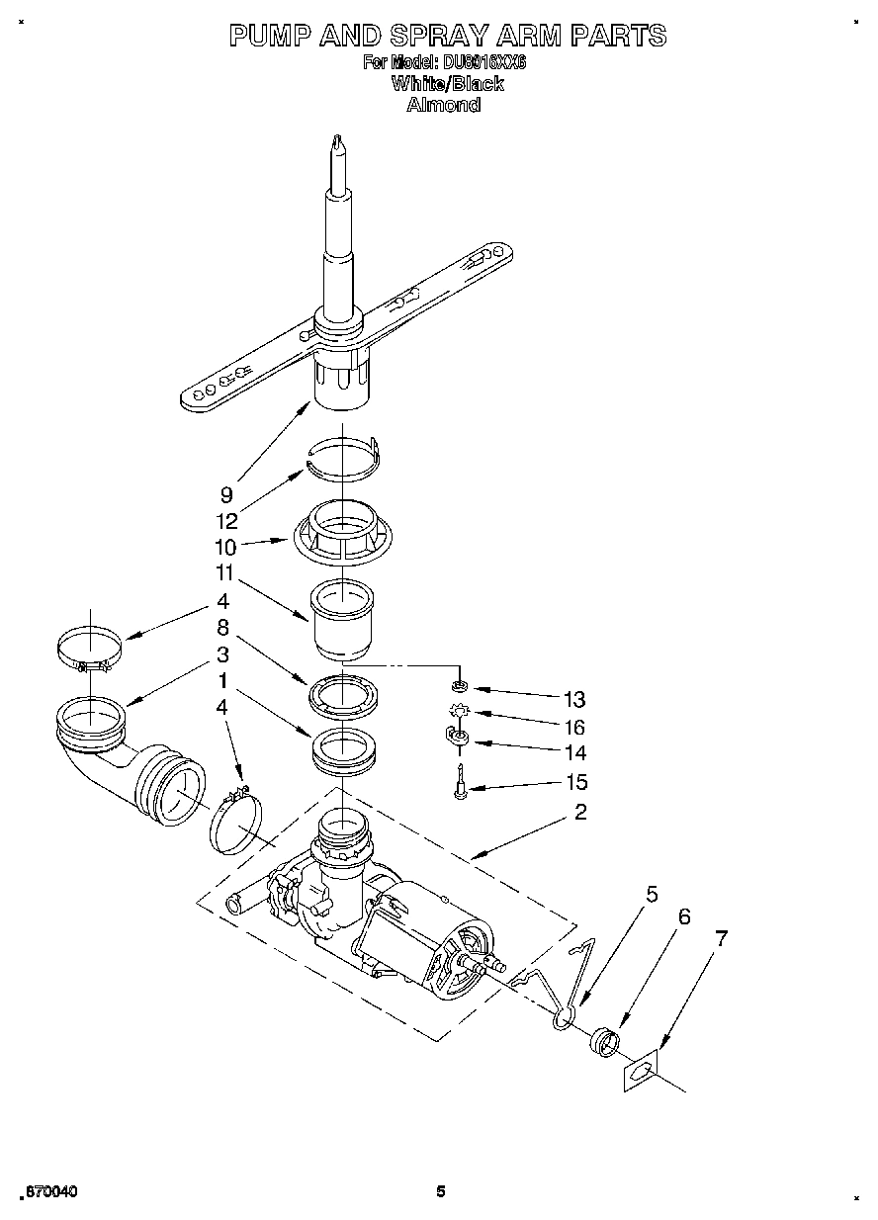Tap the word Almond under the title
[x=444, y=104]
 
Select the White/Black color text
[x=447, y=84]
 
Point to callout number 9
[x=226, y=494]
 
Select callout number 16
[x=574, y=727]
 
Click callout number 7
[x=722, y=939]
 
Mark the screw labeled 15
[x=460, y=787]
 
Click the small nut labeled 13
[x=458, y=685]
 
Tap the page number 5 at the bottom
[x=441, y=1191]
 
